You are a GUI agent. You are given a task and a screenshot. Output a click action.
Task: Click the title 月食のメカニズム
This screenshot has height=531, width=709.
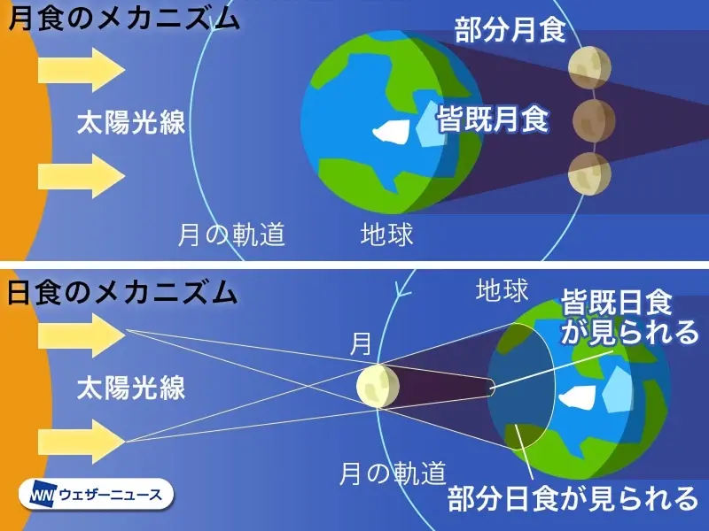click(x=124, y=18)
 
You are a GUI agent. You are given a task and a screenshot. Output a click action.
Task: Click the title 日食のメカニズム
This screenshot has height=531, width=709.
click(x=122, y=293)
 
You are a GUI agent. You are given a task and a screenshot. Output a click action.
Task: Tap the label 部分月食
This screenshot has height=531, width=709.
click(x=510, y=30)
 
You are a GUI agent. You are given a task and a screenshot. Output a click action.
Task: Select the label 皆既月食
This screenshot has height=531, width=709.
click(x=493, y=119)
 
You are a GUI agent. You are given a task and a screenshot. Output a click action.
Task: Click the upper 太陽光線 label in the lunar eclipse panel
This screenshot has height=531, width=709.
click(x=131, y=122)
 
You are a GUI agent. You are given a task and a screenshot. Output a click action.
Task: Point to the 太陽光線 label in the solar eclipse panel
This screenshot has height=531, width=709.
click(x=131, y=388)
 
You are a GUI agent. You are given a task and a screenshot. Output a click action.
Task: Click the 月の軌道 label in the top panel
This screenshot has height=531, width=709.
click(x=231, y=235)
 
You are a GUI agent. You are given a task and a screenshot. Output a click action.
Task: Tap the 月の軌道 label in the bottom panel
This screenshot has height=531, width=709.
click(x=393, y=473)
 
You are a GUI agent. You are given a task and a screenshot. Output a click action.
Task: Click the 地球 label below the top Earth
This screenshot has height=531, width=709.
click(x=387, y=235)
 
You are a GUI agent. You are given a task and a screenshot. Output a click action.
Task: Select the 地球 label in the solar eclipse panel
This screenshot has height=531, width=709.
click(x=503, y=290)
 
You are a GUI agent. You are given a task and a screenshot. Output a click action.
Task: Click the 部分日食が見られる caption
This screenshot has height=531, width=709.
click(x=573, y=498)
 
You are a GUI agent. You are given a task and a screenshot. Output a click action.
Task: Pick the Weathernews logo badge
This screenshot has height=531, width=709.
click(x=97, y=495)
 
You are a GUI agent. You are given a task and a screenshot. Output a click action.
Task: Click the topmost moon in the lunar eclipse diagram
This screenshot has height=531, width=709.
click(x=590, y=67)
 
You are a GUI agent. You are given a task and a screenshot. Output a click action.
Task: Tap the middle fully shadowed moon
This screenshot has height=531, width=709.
click(x=594, y=120)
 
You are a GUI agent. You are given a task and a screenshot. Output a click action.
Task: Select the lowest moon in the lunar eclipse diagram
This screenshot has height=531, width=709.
click(x=590, y=173)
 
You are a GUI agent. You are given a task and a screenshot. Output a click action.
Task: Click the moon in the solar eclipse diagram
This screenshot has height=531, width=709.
click(x=378, y=386)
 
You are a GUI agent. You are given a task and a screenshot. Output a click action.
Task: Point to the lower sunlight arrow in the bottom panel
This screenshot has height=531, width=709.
click(x=82, y=441)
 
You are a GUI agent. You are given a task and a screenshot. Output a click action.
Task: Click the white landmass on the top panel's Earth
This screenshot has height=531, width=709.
click(x=391, y=131)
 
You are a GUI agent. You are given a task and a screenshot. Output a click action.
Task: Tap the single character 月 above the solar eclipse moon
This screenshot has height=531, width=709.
click(x=361, y=344)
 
